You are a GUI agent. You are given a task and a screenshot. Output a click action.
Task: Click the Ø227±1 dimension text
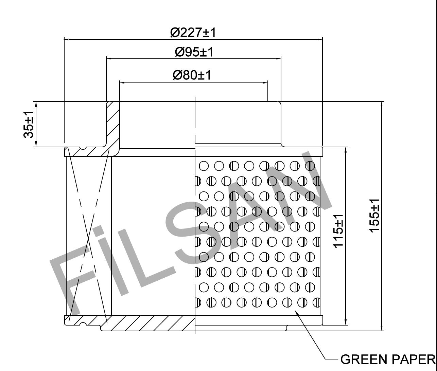(193, 33)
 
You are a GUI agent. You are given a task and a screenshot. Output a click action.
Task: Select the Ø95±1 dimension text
(194, 52)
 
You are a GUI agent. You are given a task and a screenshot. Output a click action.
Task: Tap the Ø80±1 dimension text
(192, 75)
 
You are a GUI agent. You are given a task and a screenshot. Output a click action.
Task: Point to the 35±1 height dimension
(29, 124)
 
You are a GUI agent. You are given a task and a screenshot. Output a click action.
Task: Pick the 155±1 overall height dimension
(374, 216)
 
